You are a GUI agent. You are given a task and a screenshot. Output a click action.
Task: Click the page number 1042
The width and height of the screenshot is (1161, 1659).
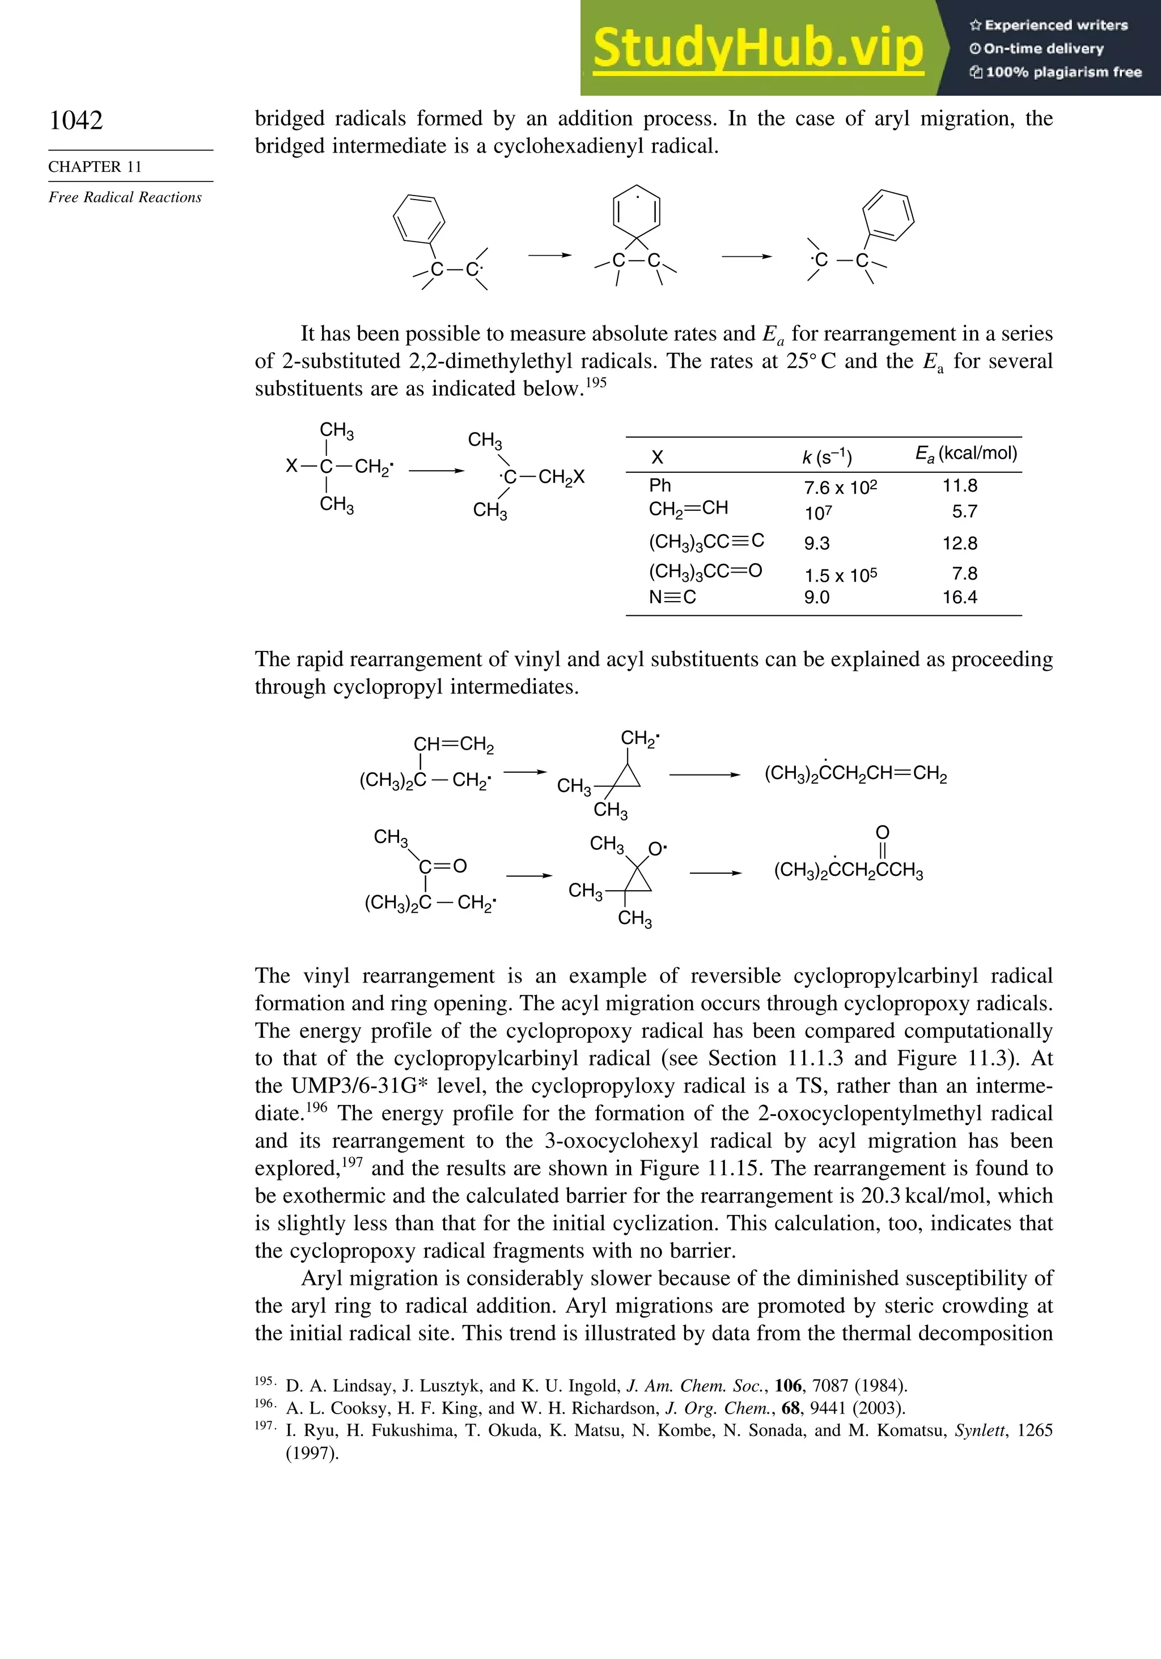point(76,120)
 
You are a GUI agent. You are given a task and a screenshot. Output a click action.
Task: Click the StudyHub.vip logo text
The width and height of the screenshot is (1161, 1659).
point(758,48)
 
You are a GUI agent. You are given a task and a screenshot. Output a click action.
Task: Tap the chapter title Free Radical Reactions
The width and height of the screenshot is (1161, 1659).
point(125,197)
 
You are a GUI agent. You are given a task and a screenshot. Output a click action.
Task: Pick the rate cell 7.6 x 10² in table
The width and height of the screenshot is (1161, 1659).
point(840,488)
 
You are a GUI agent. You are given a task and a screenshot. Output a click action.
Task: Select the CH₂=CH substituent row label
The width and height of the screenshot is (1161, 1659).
point(688,509)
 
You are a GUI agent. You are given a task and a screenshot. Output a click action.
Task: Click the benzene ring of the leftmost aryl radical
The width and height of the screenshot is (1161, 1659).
point(419,219)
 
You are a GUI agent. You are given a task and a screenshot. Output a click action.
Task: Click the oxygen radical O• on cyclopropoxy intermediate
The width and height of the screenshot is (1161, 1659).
point(656,849)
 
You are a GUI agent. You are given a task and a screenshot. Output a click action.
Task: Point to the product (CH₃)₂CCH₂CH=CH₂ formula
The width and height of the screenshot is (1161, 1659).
point(855,774)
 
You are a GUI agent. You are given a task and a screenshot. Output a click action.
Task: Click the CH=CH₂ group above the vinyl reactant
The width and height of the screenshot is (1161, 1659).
point(453,744)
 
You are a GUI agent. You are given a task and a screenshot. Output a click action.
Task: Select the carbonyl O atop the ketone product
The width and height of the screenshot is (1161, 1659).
point(882,833)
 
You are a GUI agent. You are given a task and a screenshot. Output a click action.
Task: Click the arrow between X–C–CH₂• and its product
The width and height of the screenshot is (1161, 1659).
point(435,471)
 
